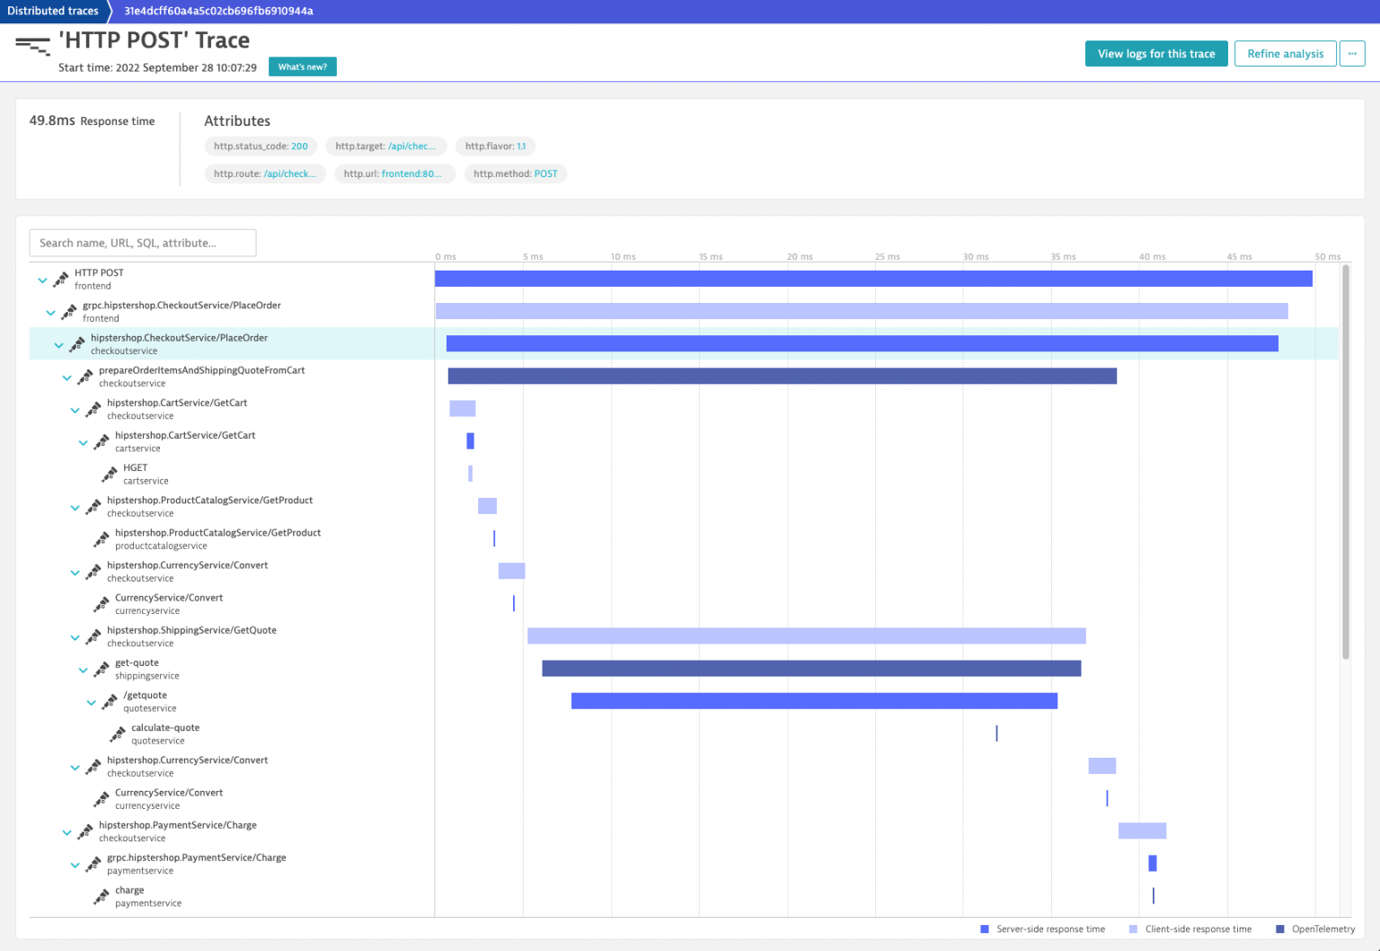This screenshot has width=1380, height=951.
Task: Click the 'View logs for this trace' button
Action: pyautogui.click(x=1155, y=54)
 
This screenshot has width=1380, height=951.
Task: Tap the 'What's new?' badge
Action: pyautogui.click(x=302, y=67)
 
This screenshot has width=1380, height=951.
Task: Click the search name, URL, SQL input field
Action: pyautogui.click(x=143, y=243)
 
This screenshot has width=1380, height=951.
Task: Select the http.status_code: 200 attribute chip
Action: pyautogui.click(x=261, y=147)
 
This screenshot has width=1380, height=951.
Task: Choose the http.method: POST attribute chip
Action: pyautogui.click(x=515, y=174)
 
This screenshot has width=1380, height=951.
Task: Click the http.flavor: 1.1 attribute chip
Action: pyautogui.click(x=495, y=147)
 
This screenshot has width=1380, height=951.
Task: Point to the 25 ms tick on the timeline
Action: pyautogui.click(x=887, y=257)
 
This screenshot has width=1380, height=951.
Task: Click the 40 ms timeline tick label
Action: pyautogui.click(x=1152, y=257)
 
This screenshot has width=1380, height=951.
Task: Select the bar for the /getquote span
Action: pyautogui.click(x=814, y=701)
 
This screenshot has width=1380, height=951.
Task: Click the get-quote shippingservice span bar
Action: pyautogui.click(x=811, y=669)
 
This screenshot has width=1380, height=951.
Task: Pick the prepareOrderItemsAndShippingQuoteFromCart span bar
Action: pyautogui.click(x=782, y=376)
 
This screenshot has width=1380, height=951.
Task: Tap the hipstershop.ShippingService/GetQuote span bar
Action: pyautogui.click(x=806, y=636)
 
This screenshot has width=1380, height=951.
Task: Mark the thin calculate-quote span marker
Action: pyautogui.click(x=996, y=733)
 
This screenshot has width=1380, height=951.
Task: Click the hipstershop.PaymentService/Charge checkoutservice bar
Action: pyautogui.click(x=1142, y=831)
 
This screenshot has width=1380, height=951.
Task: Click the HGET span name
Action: pyautogui.click(x=136, y=468)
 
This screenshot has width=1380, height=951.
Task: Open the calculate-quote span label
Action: pyautogui.click(x=165, y=728)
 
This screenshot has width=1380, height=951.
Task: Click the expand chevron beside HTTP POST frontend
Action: pyautogui.click(x=42, y=280)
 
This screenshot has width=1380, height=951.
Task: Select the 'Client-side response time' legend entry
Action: pyautogui.click(x=1198, y=929)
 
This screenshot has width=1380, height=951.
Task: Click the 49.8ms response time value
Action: pyautogui.click(x=52, y=120)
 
